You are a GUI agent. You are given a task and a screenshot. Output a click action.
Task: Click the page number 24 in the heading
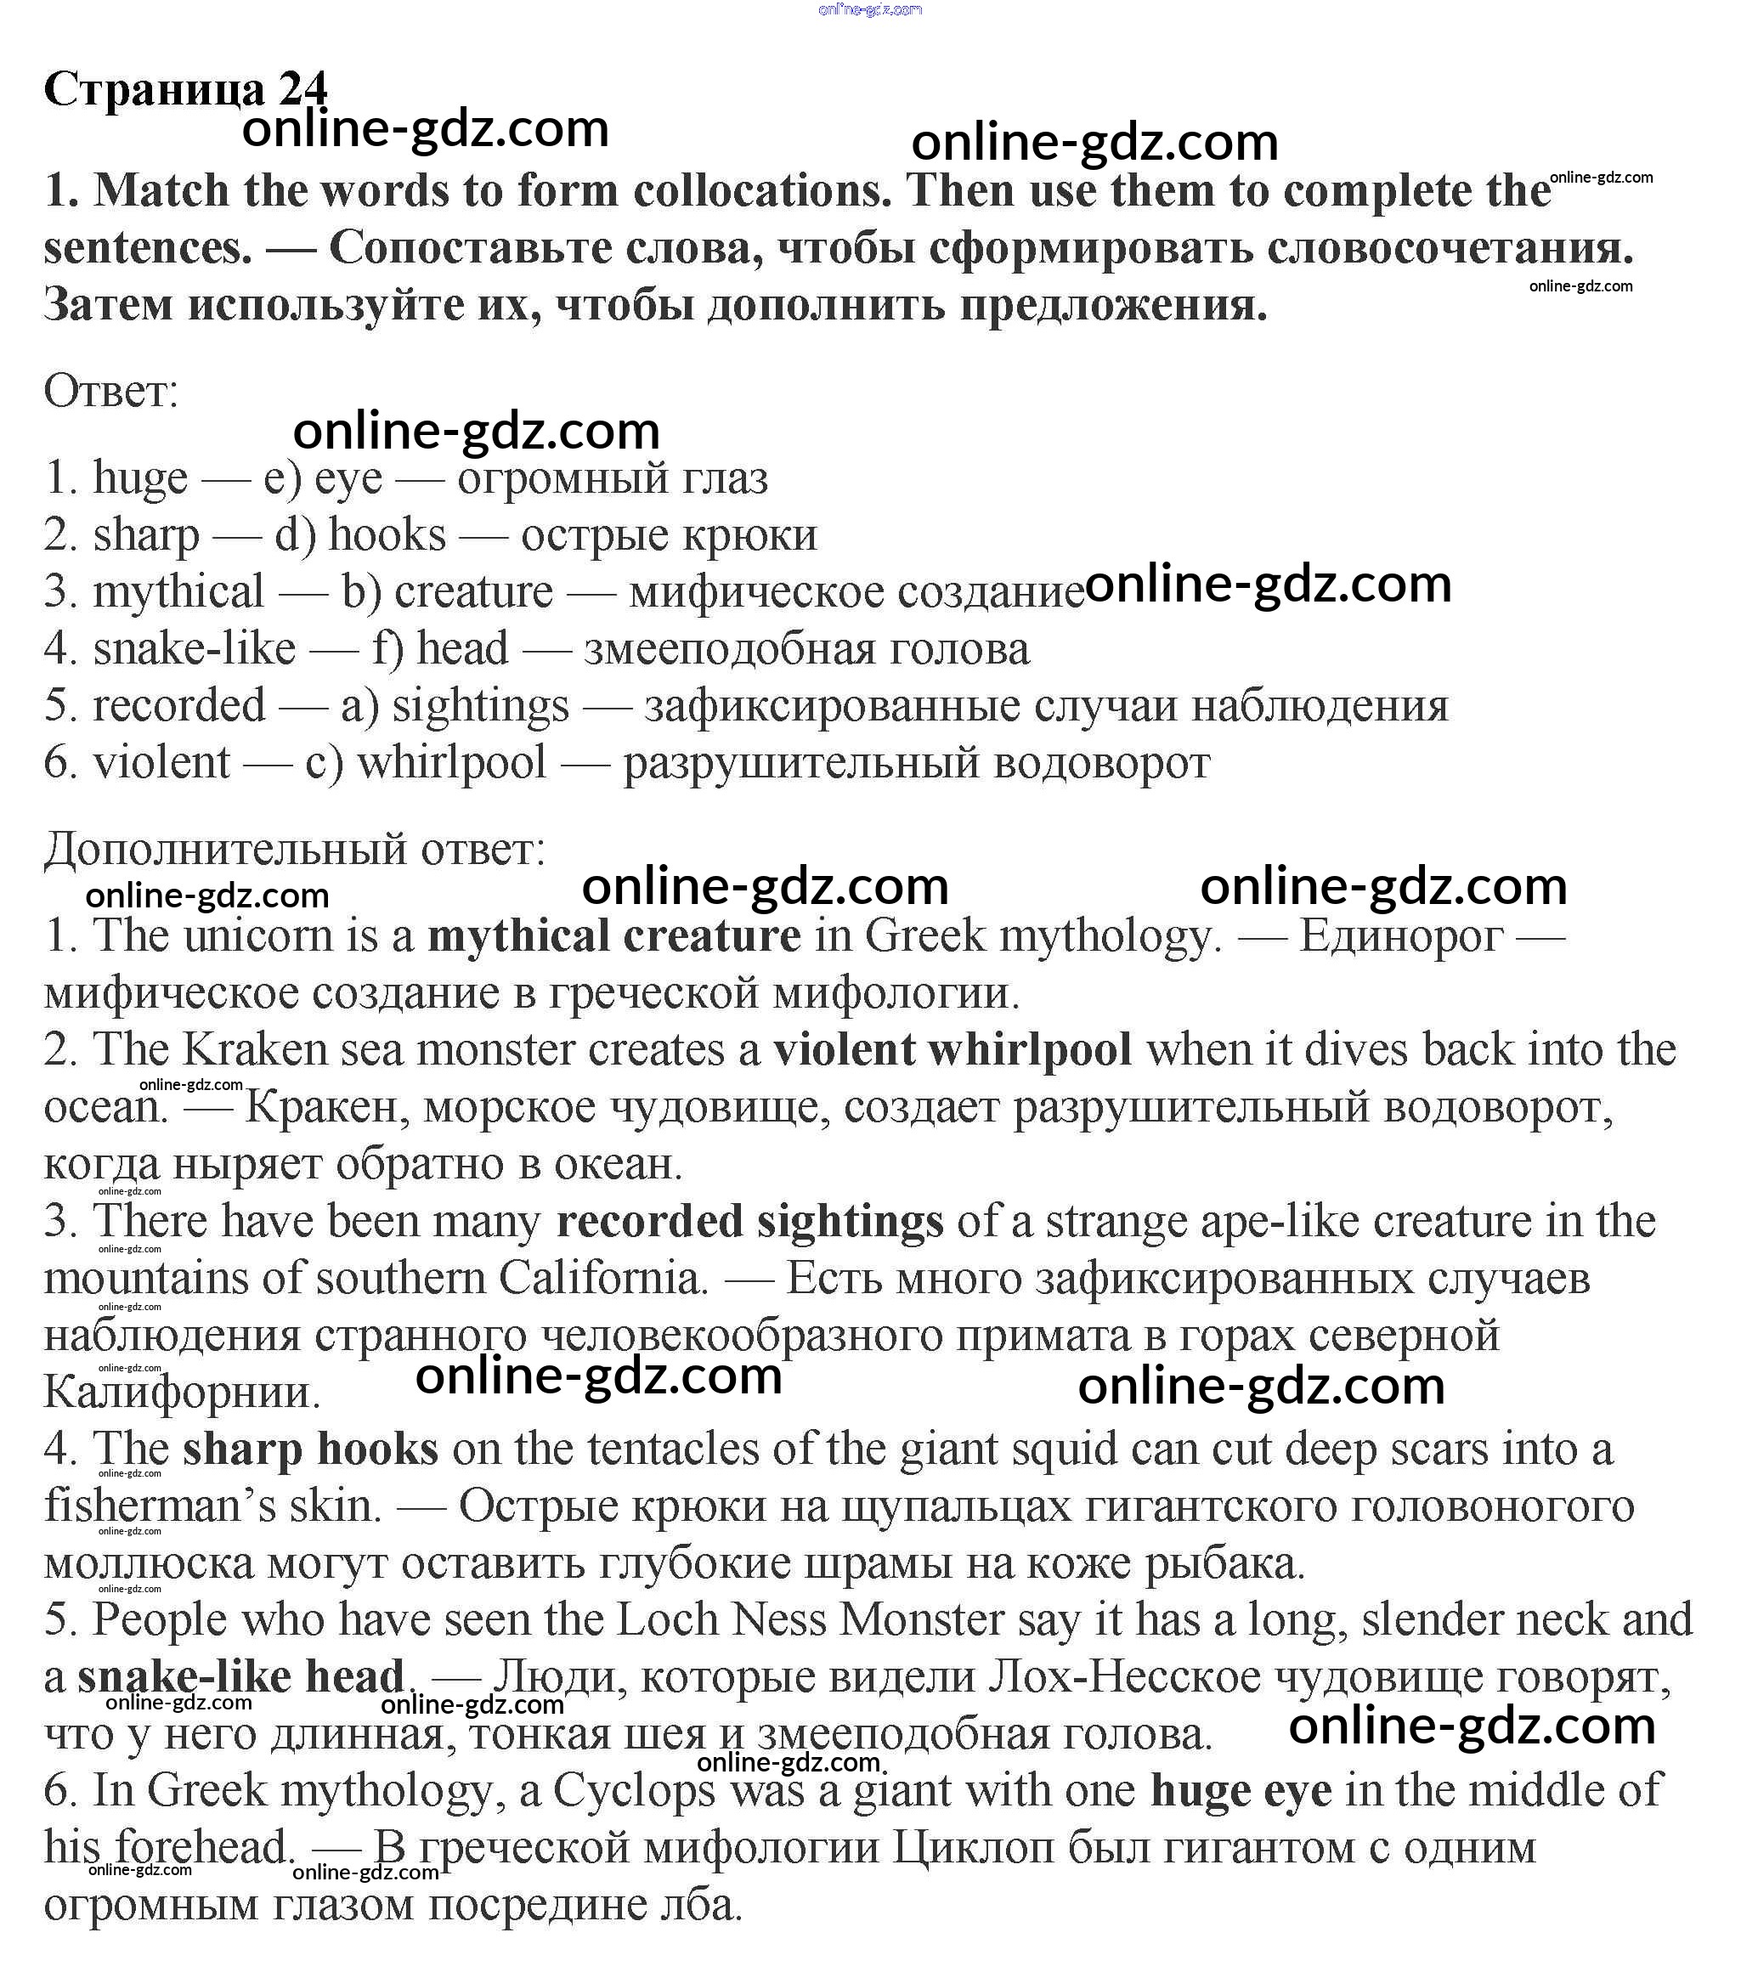tap(303, 90)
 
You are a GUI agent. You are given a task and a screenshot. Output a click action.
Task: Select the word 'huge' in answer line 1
tap(140, 477)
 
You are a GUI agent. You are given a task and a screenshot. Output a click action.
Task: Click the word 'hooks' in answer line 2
tap(387, 534)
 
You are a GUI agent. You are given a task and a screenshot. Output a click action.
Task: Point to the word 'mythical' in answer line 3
tap(178, 591)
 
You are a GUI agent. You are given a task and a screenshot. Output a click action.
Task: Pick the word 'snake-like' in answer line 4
tap(194, 648)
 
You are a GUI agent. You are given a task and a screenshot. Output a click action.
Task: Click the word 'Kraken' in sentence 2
tap(255, 1049)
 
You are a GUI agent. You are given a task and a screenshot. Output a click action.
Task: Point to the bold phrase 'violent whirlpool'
tap(952, 1049)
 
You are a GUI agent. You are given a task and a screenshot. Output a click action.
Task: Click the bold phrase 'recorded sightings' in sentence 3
tap(749, 1222)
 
